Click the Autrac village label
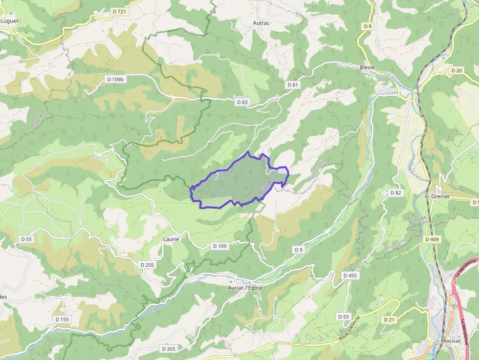(261, 22)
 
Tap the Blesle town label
(367, 67)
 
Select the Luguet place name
(9, 21)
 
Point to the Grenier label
(440, 196)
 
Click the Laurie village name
(171, 239)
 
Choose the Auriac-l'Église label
(245, 288)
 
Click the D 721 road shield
(119, 11)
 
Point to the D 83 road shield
(242, 103)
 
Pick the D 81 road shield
(292, 85)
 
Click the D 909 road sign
(432, 239)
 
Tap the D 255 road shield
(147, 265)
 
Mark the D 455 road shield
(350, 275)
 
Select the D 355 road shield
(168, 349)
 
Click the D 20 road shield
(457, 70)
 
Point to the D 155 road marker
(63, 319)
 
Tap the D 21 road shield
(389, 319)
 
